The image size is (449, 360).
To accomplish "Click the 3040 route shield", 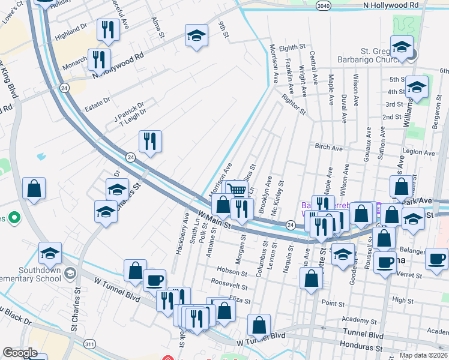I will coord(323,5).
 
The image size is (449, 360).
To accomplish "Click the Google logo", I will coord(20,353).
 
